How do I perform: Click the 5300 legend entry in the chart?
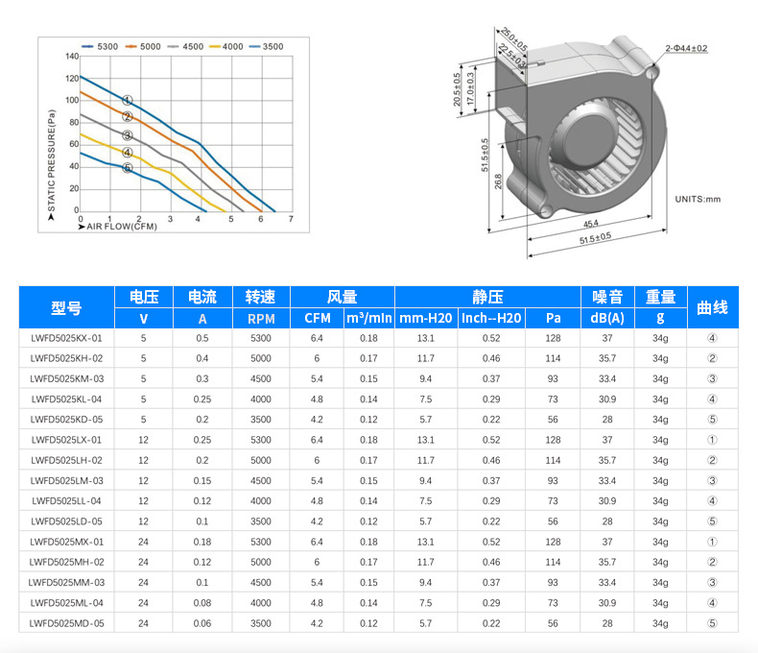[100, 46]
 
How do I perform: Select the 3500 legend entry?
[267, 46]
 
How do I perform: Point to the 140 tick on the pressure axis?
[72, 56]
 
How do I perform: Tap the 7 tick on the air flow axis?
[291, 219]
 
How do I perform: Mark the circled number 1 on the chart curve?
[128, 100]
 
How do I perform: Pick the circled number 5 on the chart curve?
[128, 168]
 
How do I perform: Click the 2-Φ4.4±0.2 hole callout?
[686, 48]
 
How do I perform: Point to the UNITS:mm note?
[698, 199]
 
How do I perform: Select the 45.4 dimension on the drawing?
[591, 224]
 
